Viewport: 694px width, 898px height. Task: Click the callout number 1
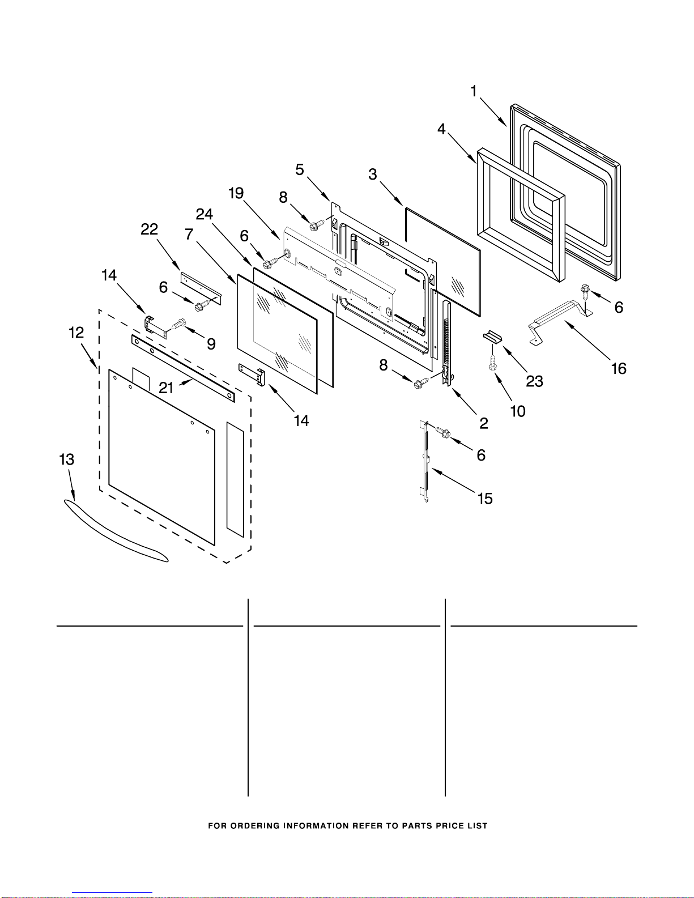pyautogui.click(x=474, y=91)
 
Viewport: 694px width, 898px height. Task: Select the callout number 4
pyautogui.click(x=441, y=129)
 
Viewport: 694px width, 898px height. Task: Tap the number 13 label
pyautogui.click(x=66, y=459)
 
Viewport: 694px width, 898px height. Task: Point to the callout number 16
pyautogui.click(x=619, y=368)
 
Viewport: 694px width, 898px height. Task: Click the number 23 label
pyautogui.click(x=534, y=381)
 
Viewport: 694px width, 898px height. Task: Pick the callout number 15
pyautogui.click(x=486, y=499)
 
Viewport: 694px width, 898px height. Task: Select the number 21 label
pyautogui.click(x=166, y=388)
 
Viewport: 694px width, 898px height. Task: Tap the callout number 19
pyautogui.click(x=236, y=193)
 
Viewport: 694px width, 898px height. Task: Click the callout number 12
pyautogui.click(x=76, y=333)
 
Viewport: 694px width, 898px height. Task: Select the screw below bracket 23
pyautogui.click(x=492, y=363)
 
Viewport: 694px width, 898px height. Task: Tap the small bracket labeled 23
pyautogui.click(x=493, y=337)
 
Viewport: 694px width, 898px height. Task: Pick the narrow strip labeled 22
pyautogui.click(x=201, y=288)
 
